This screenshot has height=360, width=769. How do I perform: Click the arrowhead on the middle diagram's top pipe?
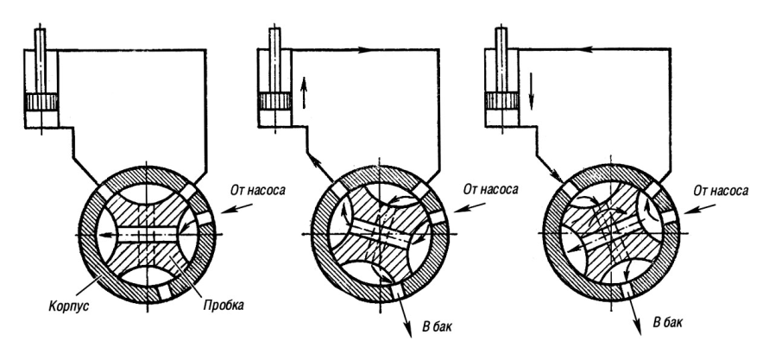pos(361,50)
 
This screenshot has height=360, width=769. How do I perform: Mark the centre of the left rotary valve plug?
pos(146,233)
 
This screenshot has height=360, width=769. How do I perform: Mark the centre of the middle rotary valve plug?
pos(380,233)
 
